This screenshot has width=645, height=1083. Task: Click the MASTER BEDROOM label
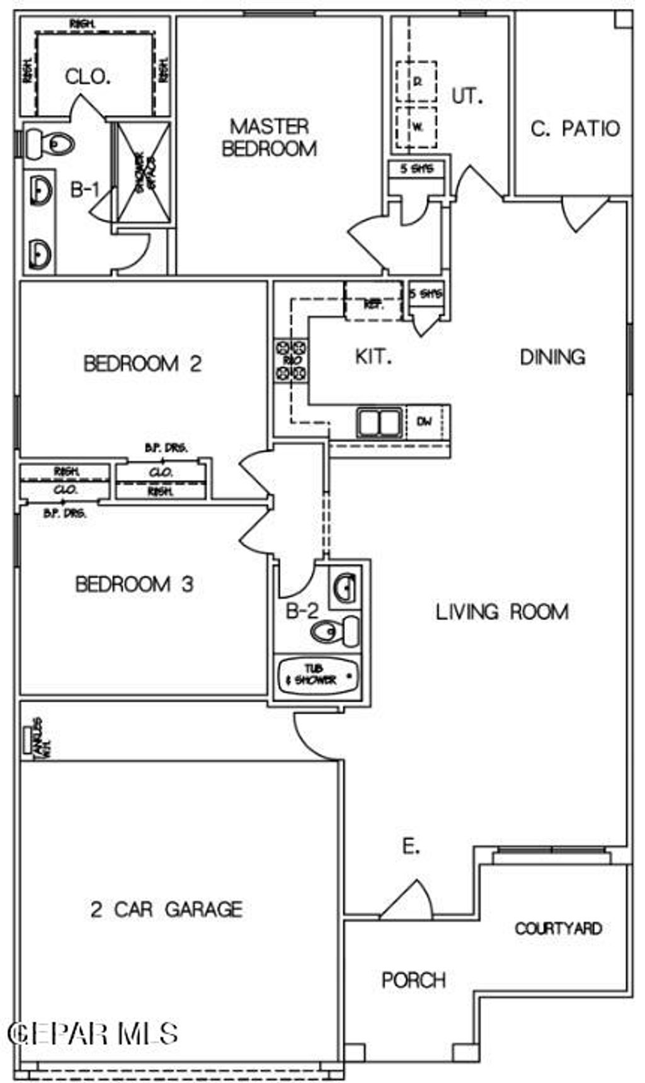pos(270,137)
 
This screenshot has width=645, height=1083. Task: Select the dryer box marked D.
pos(416,81)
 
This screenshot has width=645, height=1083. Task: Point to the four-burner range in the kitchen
pos(291,360)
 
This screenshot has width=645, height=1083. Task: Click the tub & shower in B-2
pos(319,675)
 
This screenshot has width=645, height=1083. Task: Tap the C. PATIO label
pos(575,129)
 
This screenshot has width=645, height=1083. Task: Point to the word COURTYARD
pos(558,928)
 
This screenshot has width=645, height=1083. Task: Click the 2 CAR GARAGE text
pos(167,909)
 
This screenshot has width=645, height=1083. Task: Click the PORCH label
pos(414,980)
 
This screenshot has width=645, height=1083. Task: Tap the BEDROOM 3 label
pos(134,584)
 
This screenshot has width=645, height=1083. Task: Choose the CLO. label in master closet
pos(88,77)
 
